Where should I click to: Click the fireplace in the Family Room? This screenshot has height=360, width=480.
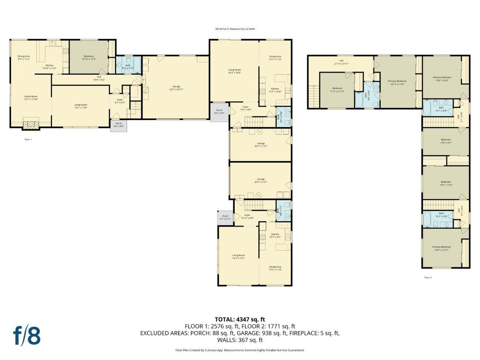coord(31,124)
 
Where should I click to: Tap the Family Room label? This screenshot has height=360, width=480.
coord(30,97)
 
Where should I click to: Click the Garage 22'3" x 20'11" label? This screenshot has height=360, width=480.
coord(176,87)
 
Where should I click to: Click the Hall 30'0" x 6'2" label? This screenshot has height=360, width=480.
coord(99,77)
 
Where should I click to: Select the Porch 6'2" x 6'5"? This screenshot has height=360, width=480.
coord(219,111)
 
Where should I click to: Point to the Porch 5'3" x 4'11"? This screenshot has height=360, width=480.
coord(226,217)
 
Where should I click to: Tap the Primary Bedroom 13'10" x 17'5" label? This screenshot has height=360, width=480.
coord(396,82)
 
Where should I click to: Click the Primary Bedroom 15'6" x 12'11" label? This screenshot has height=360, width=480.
coord(441,248)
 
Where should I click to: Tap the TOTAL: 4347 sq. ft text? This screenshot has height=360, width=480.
coord(240,319)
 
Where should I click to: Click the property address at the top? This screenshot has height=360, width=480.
coord(235,29)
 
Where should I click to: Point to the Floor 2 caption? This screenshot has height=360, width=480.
coord(428,278)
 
